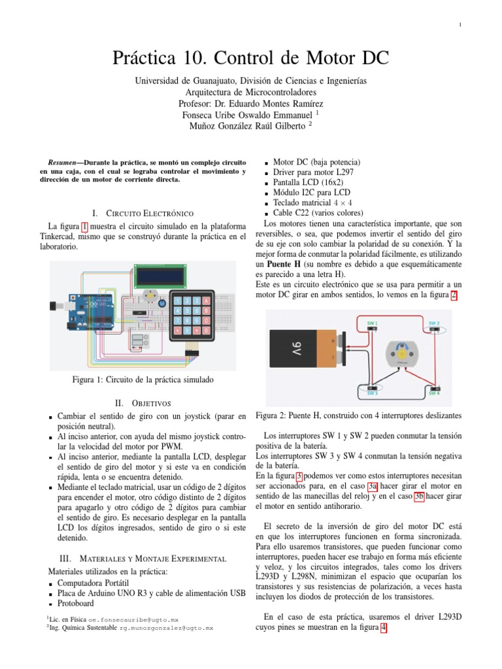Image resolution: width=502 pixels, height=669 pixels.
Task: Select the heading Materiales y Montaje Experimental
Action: [x=152, y=559]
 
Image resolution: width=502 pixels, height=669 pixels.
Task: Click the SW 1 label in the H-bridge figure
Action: [x=372, y=323]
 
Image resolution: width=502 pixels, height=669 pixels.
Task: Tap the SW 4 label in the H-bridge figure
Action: [x=434, y=394]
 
